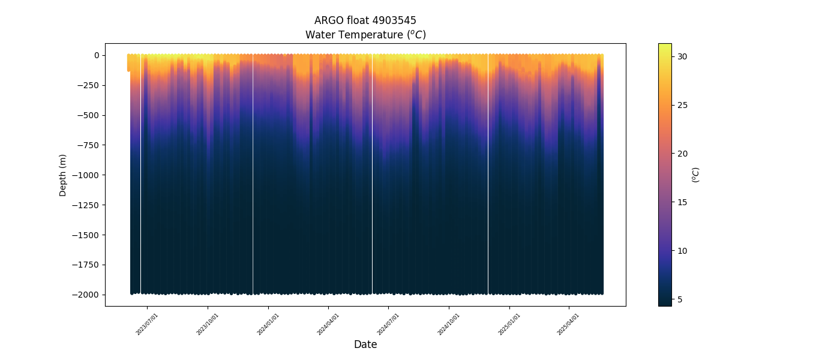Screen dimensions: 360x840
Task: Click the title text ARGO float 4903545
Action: [365, 20]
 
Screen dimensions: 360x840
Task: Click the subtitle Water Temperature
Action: [365, 35]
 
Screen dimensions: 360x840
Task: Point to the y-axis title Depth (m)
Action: [63, 175]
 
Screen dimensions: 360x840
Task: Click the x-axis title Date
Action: [365, 344]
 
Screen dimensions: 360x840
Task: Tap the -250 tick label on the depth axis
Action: [88, 85]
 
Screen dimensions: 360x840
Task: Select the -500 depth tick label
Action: [88, 115]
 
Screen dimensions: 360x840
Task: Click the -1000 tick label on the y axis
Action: [86, 175]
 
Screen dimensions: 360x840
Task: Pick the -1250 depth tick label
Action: [86, 205]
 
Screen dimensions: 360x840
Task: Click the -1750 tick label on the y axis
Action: [86, 265]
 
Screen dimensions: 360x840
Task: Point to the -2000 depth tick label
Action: [86, 295]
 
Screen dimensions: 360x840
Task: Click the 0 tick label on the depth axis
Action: [96, 55]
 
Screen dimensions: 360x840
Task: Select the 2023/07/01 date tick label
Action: [148, 323]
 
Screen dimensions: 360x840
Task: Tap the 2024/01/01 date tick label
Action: [268, 323]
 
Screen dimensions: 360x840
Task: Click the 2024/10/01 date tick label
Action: [449, 323]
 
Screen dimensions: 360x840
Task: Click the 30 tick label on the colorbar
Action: [682, 56]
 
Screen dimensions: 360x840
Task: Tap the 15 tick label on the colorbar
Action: [682, 202]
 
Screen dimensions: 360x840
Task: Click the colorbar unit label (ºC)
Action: [696, 175]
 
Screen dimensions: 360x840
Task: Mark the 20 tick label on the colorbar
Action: [682, 154]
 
